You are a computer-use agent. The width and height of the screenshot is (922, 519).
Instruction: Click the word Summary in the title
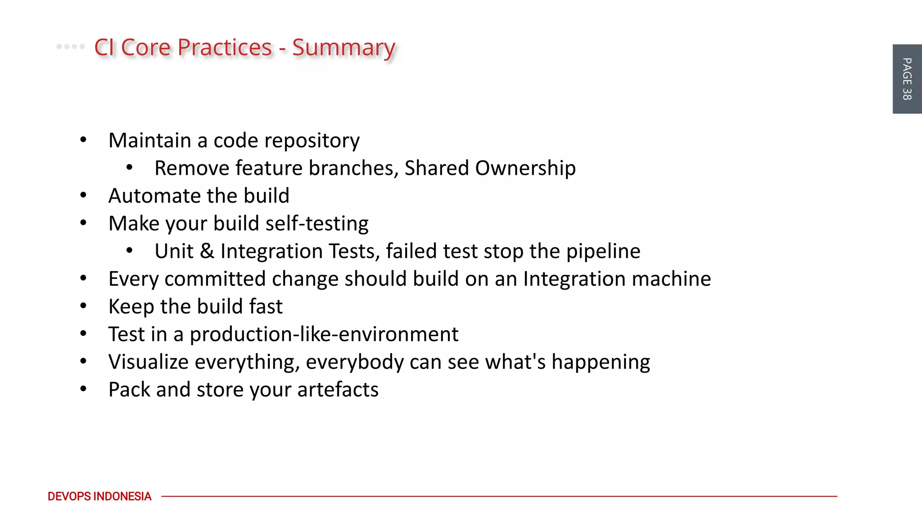(343, 48)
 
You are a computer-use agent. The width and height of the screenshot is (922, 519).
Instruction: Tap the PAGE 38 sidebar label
(907, 79)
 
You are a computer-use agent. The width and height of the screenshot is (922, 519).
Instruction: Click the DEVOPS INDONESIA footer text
(99, 496)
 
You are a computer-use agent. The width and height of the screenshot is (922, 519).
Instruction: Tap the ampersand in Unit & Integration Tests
(207, 251)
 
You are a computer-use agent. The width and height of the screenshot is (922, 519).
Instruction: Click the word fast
(266, 307)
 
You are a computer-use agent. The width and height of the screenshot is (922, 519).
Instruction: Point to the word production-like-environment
(324, 334)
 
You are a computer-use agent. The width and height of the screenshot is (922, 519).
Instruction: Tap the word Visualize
(149, 362)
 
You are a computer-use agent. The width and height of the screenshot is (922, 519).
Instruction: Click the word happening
(601, 362)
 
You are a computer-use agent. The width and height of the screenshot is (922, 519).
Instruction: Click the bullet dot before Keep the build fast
(83, 306)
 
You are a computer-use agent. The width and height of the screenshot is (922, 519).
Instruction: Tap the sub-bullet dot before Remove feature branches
(130, 168)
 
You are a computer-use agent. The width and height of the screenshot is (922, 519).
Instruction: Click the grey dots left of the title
(70, 46)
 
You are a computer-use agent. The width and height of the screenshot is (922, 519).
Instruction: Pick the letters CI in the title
(104, 48)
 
